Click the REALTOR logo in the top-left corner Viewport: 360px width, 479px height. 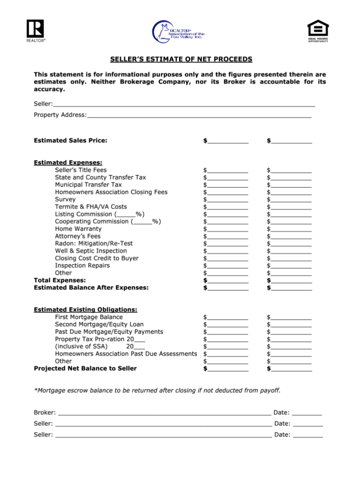click(36, 30)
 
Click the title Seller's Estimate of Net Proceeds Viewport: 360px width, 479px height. click(181, 59)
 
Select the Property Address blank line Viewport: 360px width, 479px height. click(199, 115)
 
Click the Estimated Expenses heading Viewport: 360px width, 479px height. click(68, 162)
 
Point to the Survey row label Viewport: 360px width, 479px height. click(65, 199)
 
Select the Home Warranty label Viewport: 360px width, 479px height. click(78, 228)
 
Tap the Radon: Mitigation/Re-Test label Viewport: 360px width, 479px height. click(94, 243)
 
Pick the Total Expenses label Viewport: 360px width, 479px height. click(60, 280)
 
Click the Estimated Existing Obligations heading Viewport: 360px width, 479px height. click(85, 310)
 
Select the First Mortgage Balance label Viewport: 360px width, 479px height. click(89, 317)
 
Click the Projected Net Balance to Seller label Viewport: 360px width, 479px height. click(85, 368)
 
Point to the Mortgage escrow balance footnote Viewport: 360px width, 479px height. click(157, 390)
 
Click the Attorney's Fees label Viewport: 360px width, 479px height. click(78, 236)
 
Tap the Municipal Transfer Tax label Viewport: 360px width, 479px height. click(88, 184)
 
